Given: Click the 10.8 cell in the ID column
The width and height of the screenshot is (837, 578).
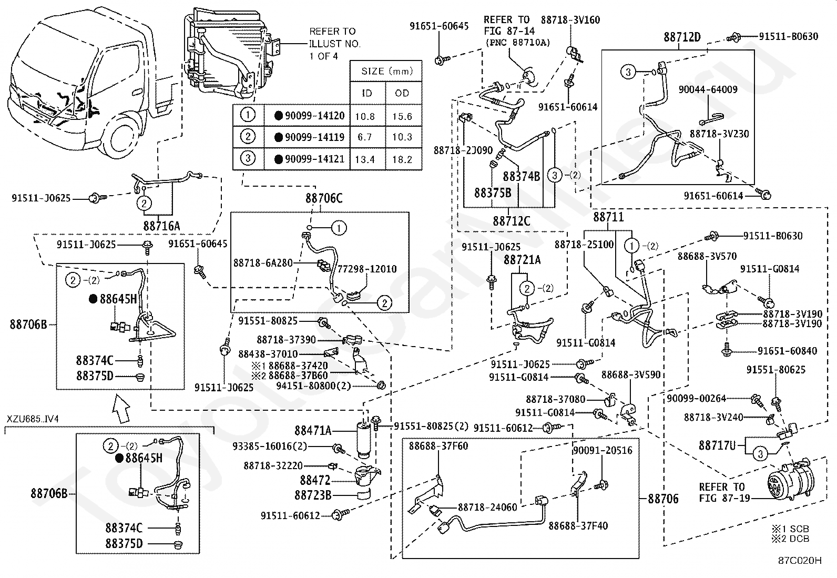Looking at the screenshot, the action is (x=365, y=116).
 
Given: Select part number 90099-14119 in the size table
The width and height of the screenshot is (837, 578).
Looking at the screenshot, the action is (x=314, y=137).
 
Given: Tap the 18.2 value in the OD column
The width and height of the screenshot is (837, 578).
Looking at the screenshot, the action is (x=402, y=160).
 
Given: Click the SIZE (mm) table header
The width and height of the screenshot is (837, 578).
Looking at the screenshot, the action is (x=387, y=71).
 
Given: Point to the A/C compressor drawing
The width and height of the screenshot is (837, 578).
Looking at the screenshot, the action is (x=790, y=482).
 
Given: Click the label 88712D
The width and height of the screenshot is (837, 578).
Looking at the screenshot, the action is (x=682, y=37).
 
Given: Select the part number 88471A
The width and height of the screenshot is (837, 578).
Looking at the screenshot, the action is (x=313, y=430).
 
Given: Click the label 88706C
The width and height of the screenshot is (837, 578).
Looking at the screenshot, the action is (x=323, y=198).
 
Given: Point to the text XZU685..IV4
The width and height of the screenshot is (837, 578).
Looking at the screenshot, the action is (x=33, y=419).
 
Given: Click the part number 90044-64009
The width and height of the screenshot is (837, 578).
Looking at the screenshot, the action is (x=708, y=89).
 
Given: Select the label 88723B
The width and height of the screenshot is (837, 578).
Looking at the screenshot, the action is (x=313, y=495).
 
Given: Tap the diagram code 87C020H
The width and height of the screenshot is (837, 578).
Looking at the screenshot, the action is (x=800, y=560).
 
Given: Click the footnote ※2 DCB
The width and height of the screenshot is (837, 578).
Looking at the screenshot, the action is (x=791, y=539).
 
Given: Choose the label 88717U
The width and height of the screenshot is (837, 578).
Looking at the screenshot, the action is (x=717, y=445).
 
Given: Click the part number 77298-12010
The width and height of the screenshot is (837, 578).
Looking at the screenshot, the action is (x=367, y=269).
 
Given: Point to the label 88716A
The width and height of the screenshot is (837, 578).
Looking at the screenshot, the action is (x=161, y=226).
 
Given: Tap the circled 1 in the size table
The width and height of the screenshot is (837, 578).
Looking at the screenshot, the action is (x=247, y=115).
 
